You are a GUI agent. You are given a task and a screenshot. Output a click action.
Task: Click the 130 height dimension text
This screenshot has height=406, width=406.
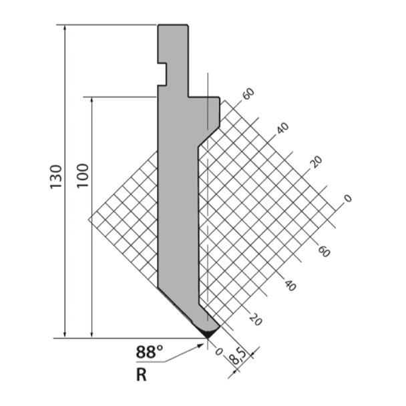click(56, 176)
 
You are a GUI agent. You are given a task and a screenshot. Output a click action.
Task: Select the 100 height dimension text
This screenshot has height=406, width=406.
click(83, 176)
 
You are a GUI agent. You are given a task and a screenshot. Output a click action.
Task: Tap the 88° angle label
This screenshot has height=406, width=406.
click(150, 352)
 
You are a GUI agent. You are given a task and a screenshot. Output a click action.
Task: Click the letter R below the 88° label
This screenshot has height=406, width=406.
click(141, 375)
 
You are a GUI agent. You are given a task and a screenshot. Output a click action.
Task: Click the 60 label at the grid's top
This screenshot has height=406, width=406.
click(248, 93)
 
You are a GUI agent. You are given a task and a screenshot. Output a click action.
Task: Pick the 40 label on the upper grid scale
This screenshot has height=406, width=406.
click(282, 128)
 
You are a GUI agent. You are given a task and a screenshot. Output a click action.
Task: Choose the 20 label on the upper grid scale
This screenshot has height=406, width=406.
click(317, 162)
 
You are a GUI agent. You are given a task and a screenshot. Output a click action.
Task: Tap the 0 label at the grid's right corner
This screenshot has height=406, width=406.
click(348, 198)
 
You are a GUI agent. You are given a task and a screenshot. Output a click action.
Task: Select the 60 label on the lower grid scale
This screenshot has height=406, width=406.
click(324, 252)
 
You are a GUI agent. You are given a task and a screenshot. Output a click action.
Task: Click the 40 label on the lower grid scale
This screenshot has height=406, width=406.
click(290, 285)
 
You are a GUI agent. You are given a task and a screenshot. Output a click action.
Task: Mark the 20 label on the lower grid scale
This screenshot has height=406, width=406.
click(256, 319)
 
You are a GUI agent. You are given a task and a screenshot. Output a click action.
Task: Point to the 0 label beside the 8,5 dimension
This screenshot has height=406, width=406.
click(219, 352)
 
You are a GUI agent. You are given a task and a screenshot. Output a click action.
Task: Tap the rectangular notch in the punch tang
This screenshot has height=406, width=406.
click(162, 73)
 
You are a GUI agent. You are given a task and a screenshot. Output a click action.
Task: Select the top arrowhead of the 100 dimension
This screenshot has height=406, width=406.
click(92, 101)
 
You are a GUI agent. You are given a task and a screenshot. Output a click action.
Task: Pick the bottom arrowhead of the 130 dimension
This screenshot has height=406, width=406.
click(65, 335)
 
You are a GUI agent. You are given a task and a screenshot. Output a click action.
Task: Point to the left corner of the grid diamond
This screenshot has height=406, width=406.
click(89, 219)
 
